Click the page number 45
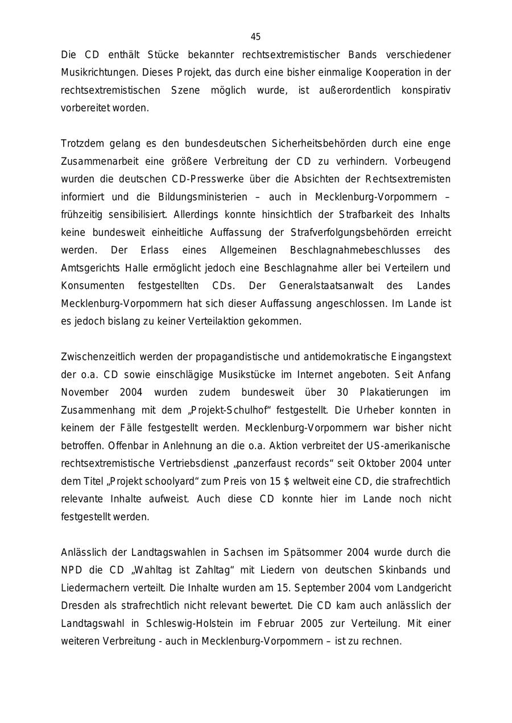pyautogui.click(x=255, y=37)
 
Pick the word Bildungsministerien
pyautogui.click(x=203, y=197)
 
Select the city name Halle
pyautogui.click(x=142, y=268)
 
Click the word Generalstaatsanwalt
pyautogui.click(x=324, y=285)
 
